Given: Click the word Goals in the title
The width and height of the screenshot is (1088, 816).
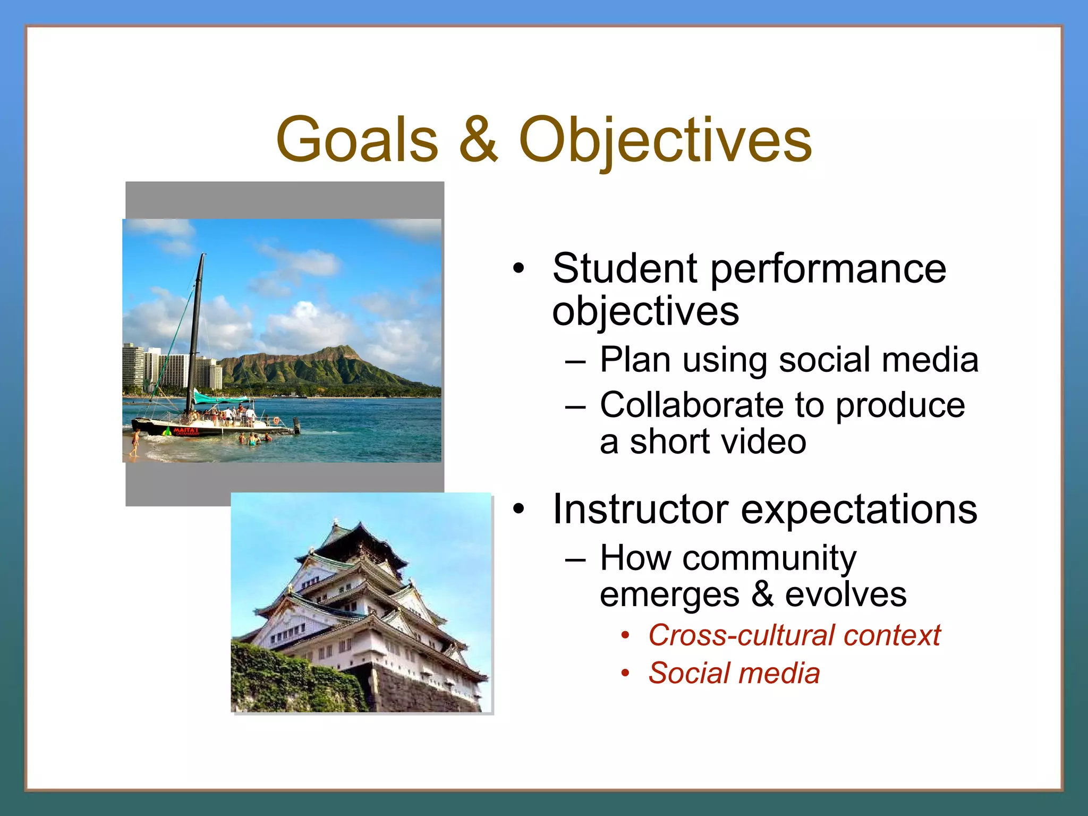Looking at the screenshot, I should [357, 140].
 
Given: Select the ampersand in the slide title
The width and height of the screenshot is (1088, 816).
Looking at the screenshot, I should [478, 140].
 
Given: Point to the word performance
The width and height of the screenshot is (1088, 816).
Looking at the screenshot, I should [828, 269].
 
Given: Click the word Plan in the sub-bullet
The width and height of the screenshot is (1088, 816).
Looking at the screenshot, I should [635, 360].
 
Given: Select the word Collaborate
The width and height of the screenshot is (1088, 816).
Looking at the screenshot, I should [691, 405].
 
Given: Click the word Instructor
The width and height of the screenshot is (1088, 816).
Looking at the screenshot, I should [640, 509].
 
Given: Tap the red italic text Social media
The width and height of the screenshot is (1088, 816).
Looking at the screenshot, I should [734, 673].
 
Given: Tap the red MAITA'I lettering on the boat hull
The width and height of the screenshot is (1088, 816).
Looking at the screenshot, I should [185, 430].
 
